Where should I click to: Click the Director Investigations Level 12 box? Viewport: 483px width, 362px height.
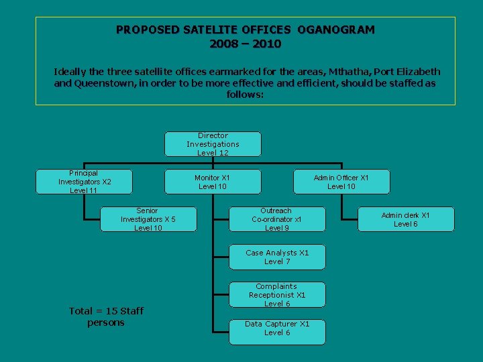pos(213,144)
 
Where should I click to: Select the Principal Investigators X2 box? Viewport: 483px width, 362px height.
pos(85,182)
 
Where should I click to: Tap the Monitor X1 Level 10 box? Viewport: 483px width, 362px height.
pos(212,182)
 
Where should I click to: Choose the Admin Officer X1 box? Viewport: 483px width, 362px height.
pos(341,182)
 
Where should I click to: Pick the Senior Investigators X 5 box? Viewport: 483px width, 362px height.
pos(148,219)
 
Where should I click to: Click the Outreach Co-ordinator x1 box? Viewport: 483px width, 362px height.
pos(276,219)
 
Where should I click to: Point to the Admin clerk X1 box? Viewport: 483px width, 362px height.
pos(405,219)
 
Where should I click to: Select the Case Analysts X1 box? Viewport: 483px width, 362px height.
pos(277,257)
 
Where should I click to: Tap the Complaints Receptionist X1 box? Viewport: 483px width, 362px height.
pos(276,295)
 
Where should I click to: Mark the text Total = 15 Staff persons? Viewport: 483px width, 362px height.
pos(106,316)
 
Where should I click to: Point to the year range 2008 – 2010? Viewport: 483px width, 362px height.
pos(246,44)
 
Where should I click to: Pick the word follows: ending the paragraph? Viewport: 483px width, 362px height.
pos(246,95)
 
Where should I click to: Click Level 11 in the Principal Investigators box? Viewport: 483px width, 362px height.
pos(84,190)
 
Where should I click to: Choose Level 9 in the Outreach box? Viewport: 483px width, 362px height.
pos(276,228)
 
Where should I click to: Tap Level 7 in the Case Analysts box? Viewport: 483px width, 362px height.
pos(277,261)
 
